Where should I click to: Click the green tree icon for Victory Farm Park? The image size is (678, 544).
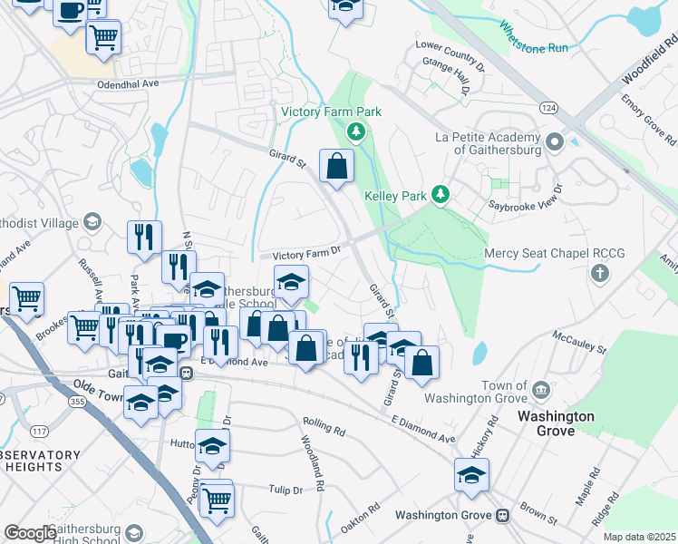point(357,133)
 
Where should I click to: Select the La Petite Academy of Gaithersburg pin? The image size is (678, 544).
point(555,142)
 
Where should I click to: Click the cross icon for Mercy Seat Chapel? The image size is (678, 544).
point(598,272)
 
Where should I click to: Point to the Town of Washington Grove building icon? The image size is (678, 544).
point(541,390)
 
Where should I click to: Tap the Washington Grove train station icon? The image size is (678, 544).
point(501,515)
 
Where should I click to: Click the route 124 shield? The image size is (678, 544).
point(573,108)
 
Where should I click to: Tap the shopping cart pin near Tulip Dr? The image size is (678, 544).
point(216,499)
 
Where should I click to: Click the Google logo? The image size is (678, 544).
point(30,533)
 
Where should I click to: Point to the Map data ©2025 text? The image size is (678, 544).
point(639,537)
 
